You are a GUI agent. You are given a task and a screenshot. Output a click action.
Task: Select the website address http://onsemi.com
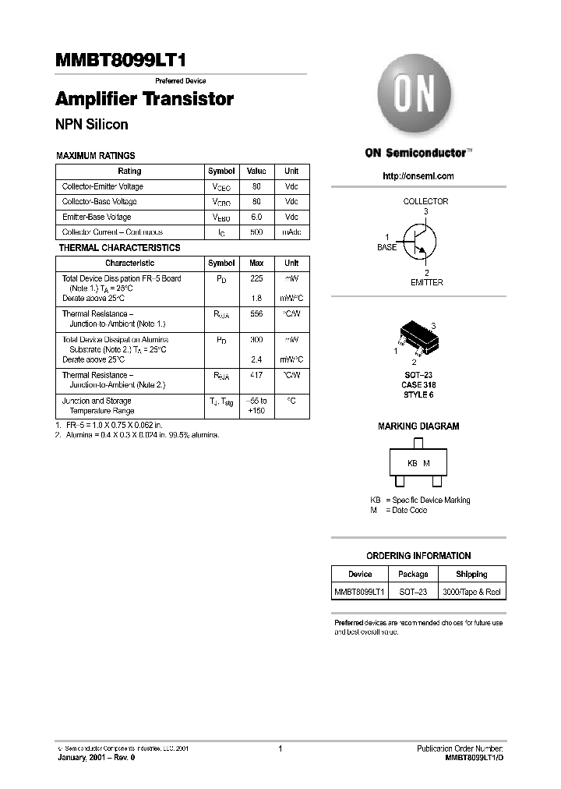point(418,176)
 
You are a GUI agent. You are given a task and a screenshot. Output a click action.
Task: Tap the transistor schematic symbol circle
point(418,239)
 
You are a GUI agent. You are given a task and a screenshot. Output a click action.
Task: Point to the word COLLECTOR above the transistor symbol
point(425,201)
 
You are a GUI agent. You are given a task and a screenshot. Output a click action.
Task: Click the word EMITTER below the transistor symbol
point(426,282)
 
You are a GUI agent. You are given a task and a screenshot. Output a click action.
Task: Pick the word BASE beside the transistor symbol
point(387,247)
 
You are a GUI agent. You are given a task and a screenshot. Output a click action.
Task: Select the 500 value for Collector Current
point(256,232)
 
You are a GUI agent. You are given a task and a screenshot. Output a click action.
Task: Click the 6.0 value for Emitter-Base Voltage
point(256,217)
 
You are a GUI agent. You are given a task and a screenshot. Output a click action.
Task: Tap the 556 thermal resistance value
point(256,313)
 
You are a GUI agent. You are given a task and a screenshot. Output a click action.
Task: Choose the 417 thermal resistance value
point(256,375)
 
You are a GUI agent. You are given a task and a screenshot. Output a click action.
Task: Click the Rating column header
point(129,171)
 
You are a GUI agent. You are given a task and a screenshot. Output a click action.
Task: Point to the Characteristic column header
point(129,264)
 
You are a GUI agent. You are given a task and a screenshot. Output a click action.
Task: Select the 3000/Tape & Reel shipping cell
point(471,592)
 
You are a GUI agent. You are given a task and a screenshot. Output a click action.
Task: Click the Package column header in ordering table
point(413,574)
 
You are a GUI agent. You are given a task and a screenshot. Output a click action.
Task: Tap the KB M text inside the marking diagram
point(418,463)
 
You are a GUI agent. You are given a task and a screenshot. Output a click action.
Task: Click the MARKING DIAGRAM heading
point(418,426)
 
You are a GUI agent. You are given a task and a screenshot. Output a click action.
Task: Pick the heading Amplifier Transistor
point(144,100)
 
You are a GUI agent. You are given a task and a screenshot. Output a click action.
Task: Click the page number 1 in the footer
point(280,749)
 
